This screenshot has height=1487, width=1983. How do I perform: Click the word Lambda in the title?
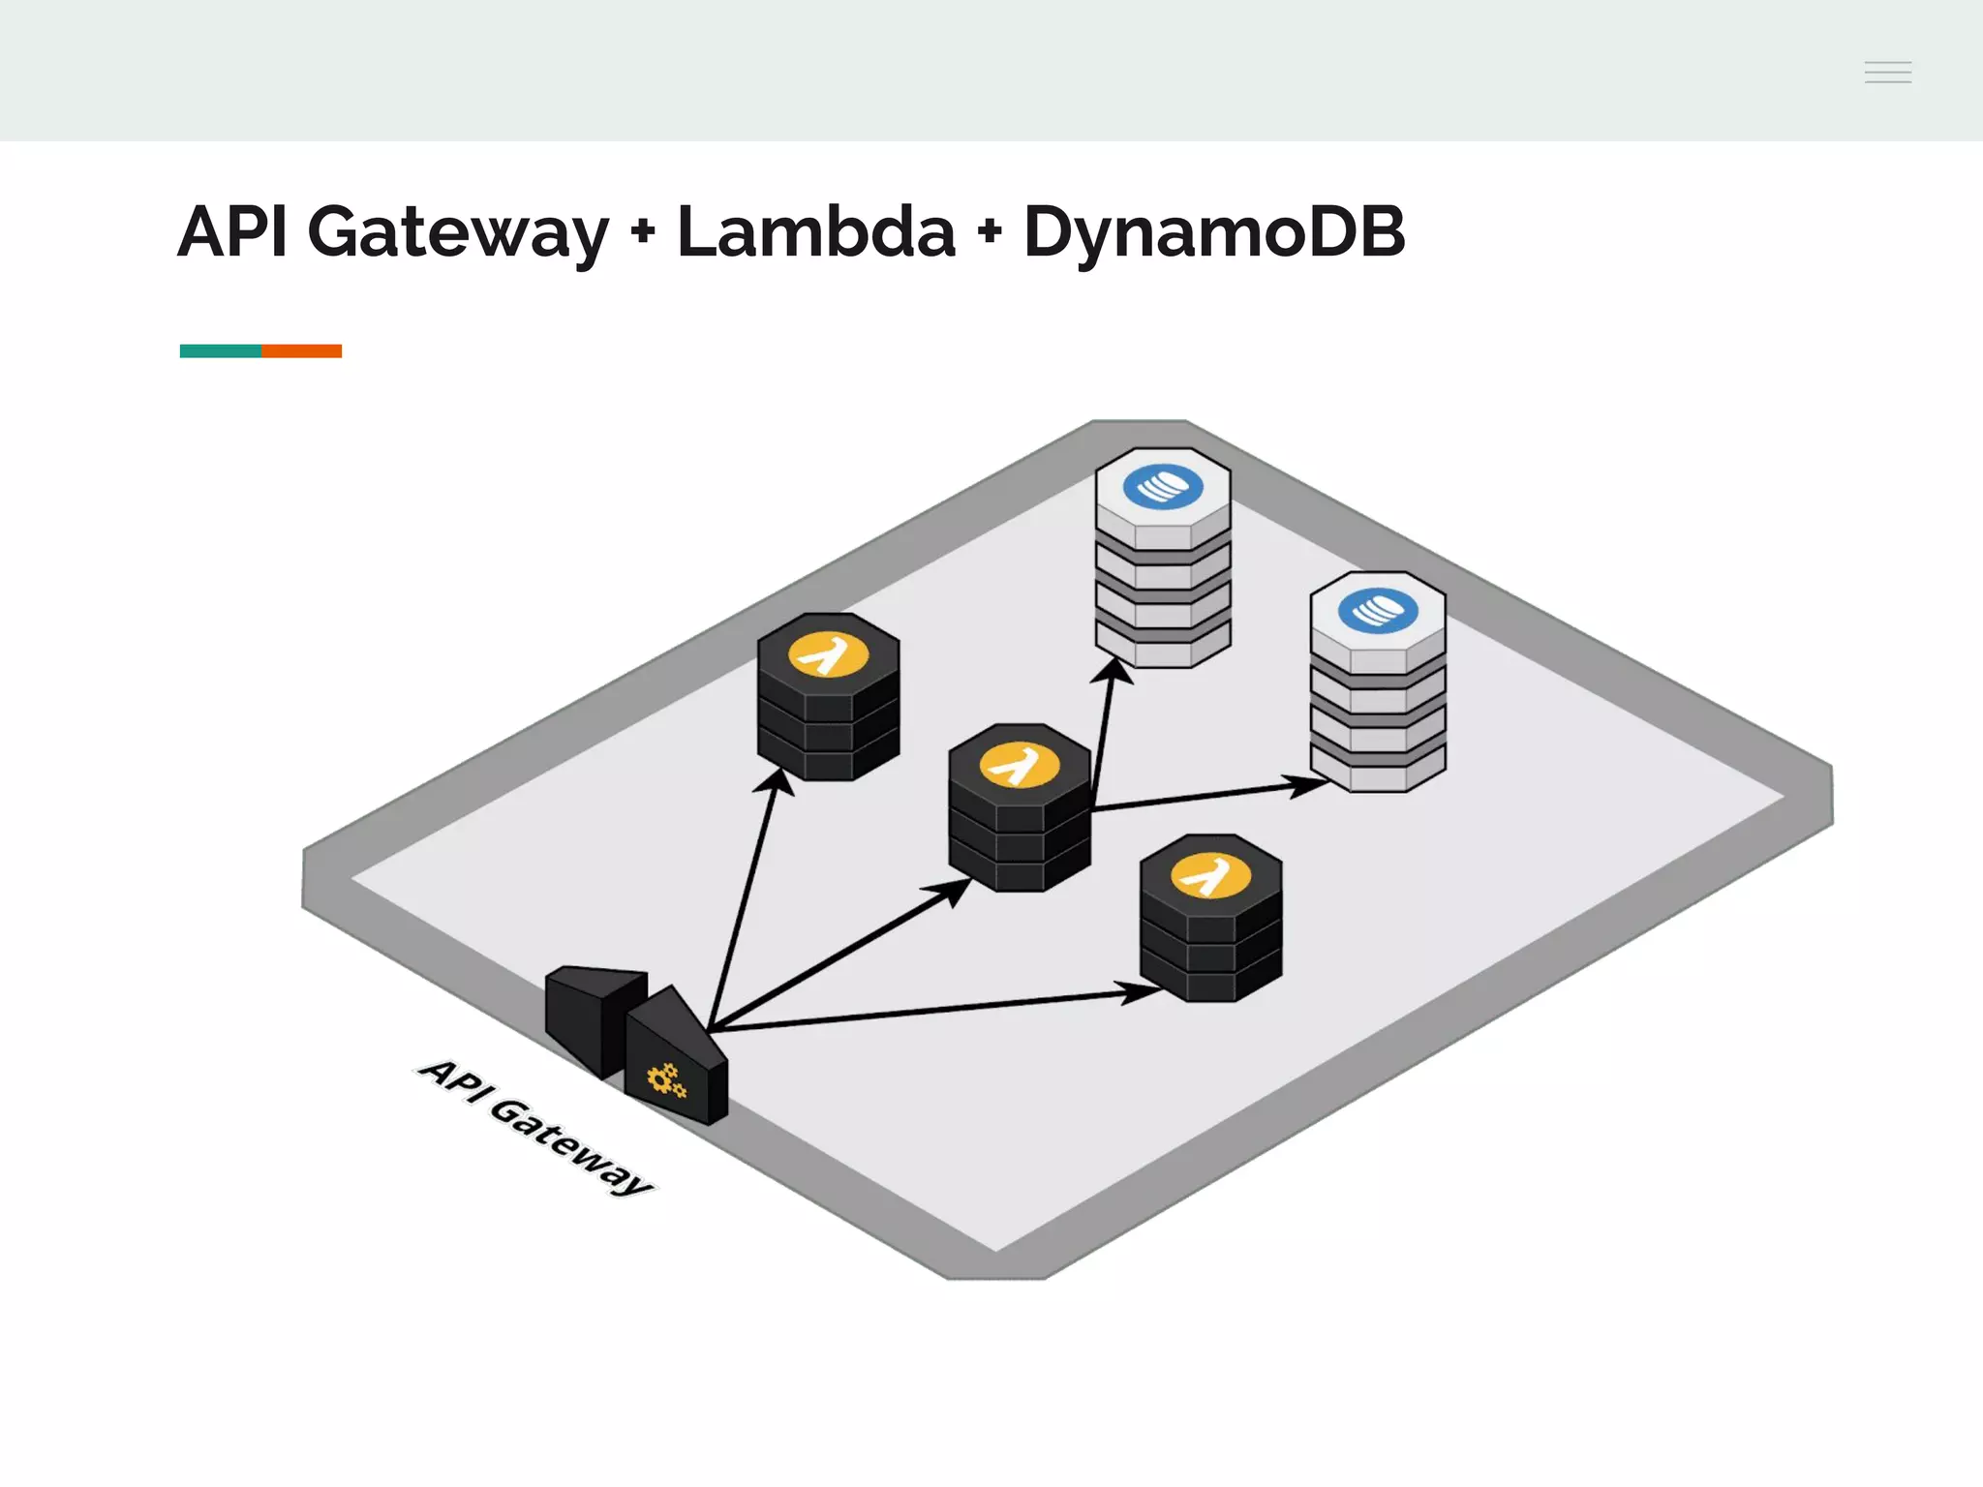[x=815, y=232]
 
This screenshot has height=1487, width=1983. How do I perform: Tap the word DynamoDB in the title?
[x=1213, y=232]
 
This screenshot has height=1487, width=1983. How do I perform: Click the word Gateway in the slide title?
[x=457, y=232]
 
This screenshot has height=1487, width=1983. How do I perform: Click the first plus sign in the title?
[x=642, y=232]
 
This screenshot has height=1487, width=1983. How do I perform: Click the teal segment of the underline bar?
[x=220, y=350]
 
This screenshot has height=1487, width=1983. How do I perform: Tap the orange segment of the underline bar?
[x=301, y=350]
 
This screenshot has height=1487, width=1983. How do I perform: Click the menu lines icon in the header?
[x=1887, y=72]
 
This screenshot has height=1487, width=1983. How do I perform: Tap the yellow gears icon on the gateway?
[x=666, y=1080]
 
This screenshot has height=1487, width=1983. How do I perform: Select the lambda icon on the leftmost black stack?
[x=828, y=655]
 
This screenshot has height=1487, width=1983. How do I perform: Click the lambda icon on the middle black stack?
[x=1019, y=766]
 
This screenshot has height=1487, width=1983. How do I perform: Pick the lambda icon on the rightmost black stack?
[x=1210, y=876]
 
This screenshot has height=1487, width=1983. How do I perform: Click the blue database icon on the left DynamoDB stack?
[x=1163, y=487]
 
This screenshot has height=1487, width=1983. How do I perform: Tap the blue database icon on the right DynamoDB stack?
[x=1377, y=611]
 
